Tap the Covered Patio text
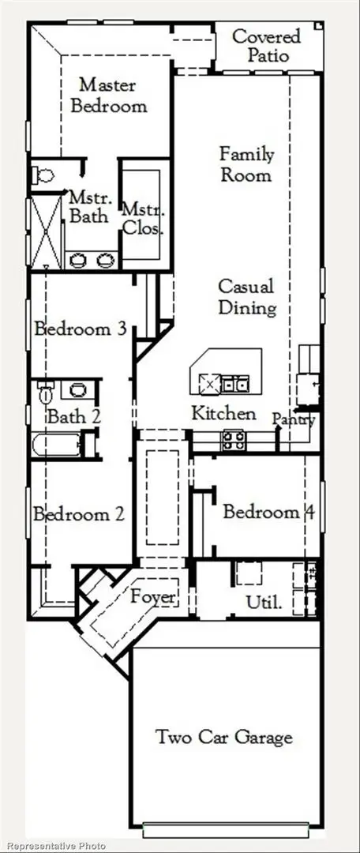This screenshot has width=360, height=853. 266,46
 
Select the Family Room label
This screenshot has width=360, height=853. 246,163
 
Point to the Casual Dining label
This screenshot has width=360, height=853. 247,296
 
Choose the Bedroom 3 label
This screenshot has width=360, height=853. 81,329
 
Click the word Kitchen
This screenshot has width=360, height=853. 224,413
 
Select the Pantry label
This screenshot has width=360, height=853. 294,420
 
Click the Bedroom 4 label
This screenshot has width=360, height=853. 268,512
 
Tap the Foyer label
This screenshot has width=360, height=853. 153,597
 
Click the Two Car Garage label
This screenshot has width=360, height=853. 223,738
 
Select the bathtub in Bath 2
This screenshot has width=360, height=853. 55,445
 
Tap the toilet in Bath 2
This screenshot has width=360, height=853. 46,390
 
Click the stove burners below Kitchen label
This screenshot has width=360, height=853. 233,440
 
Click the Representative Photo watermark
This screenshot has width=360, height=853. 54,846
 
